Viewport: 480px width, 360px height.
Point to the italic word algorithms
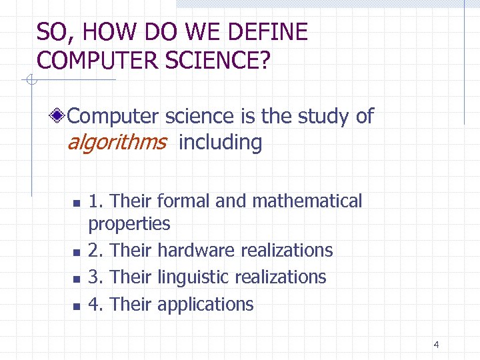117,142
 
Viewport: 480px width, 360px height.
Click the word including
221,142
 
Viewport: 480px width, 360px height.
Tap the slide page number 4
436,345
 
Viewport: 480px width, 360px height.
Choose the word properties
129,224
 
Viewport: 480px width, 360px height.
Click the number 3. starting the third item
96,277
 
